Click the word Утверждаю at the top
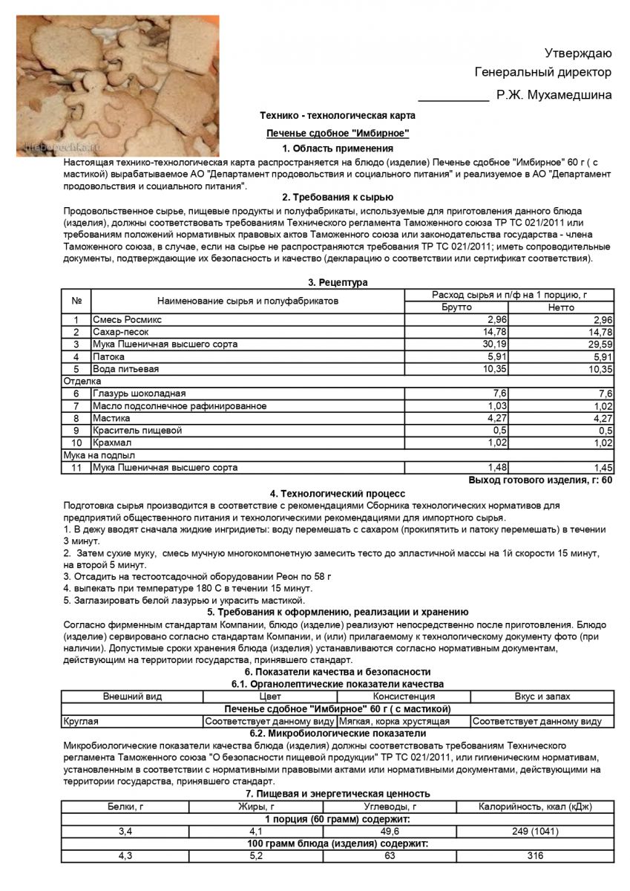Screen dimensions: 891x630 [x=578, y=53]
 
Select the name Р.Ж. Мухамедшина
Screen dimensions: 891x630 [x=554, y=94]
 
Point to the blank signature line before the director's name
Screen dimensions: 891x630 [x=453, y=96]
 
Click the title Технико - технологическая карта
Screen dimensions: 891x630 [x=338, y=116]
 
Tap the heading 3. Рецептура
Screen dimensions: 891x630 [x=338, y=282]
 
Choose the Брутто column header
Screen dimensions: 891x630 [x=456, y=307]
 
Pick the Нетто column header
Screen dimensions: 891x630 [x=561, y=307]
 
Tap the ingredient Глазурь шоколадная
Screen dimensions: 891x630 [x=139, y=394]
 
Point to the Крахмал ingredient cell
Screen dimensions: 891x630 [x=114, y=443]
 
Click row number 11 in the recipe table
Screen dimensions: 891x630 [x=76, y=468]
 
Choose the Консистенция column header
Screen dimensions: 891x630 [x=404, y=696]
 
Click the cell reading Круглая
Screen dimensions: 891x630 [x=81, y=721]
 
